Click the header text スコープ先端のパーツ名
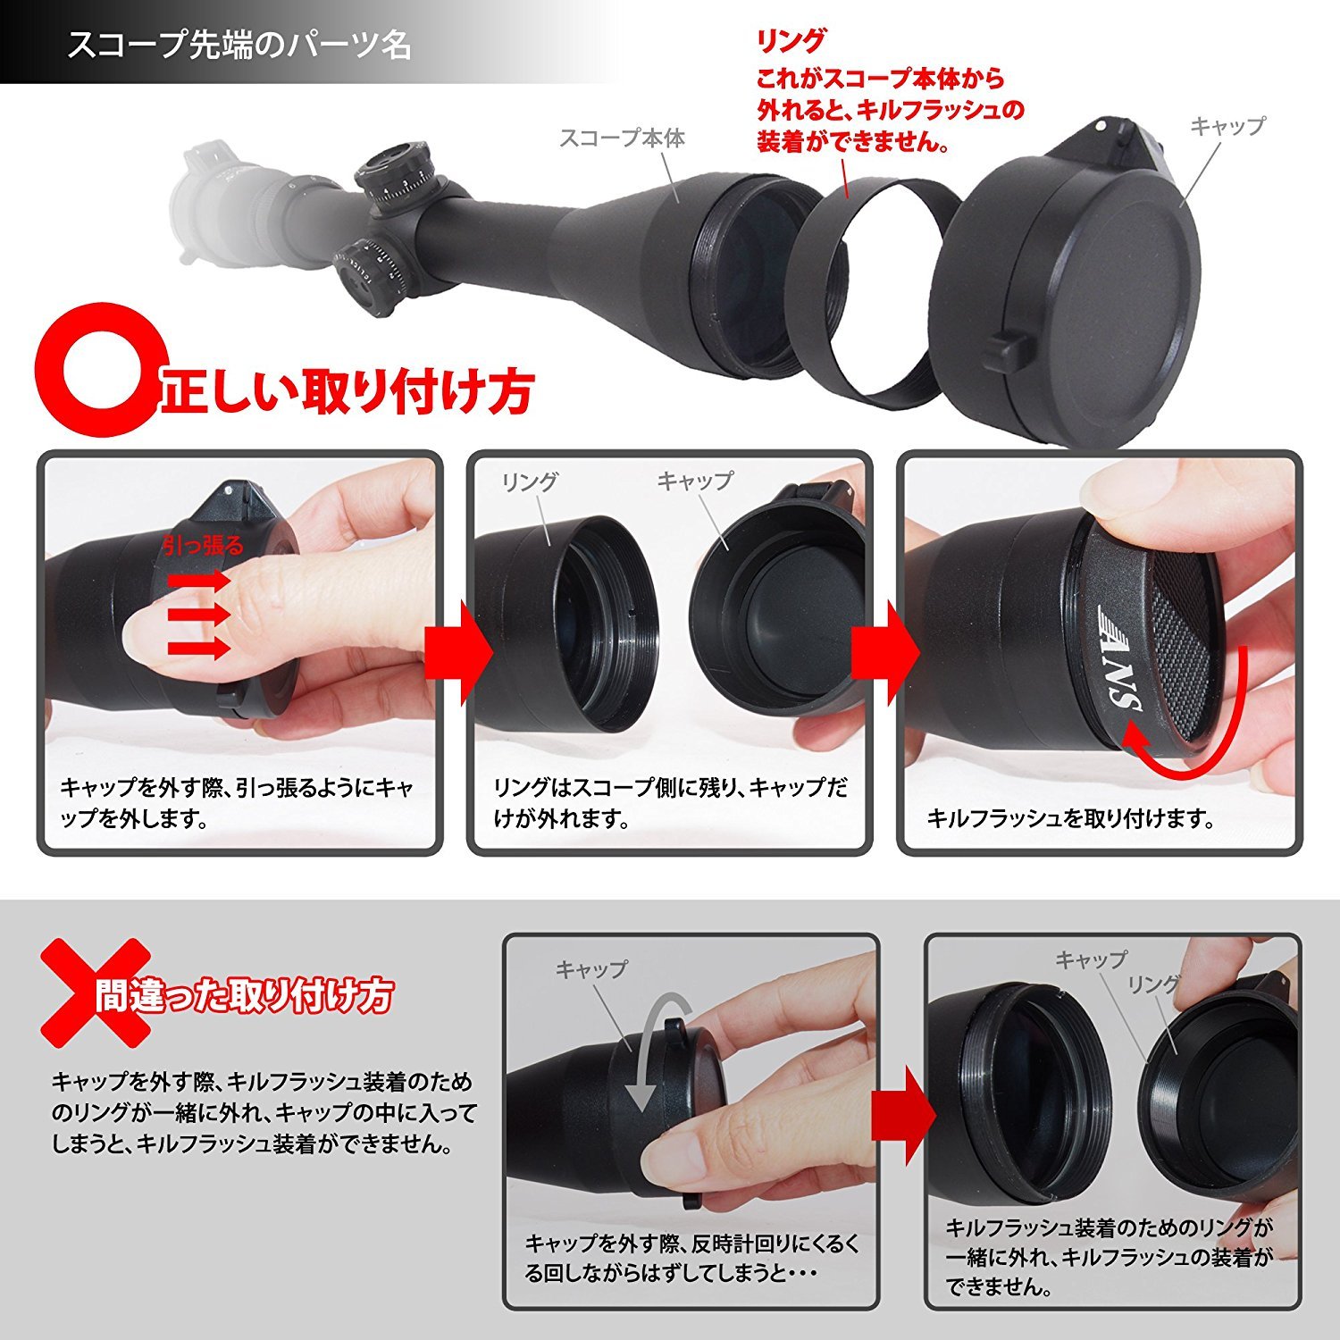tap(239, 45)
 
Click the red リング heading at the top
tap(791, 41)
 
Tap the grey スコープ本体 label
tap(622, 138)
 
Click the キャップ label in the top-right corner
tap(1227, 126)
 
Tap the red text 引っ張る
tap(203, 545)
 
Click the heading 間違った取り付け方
tap(244, 994)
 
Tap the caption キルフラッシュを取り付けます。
tap(1070, 817)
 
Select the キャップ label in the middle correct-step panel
tap(694, 481)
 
